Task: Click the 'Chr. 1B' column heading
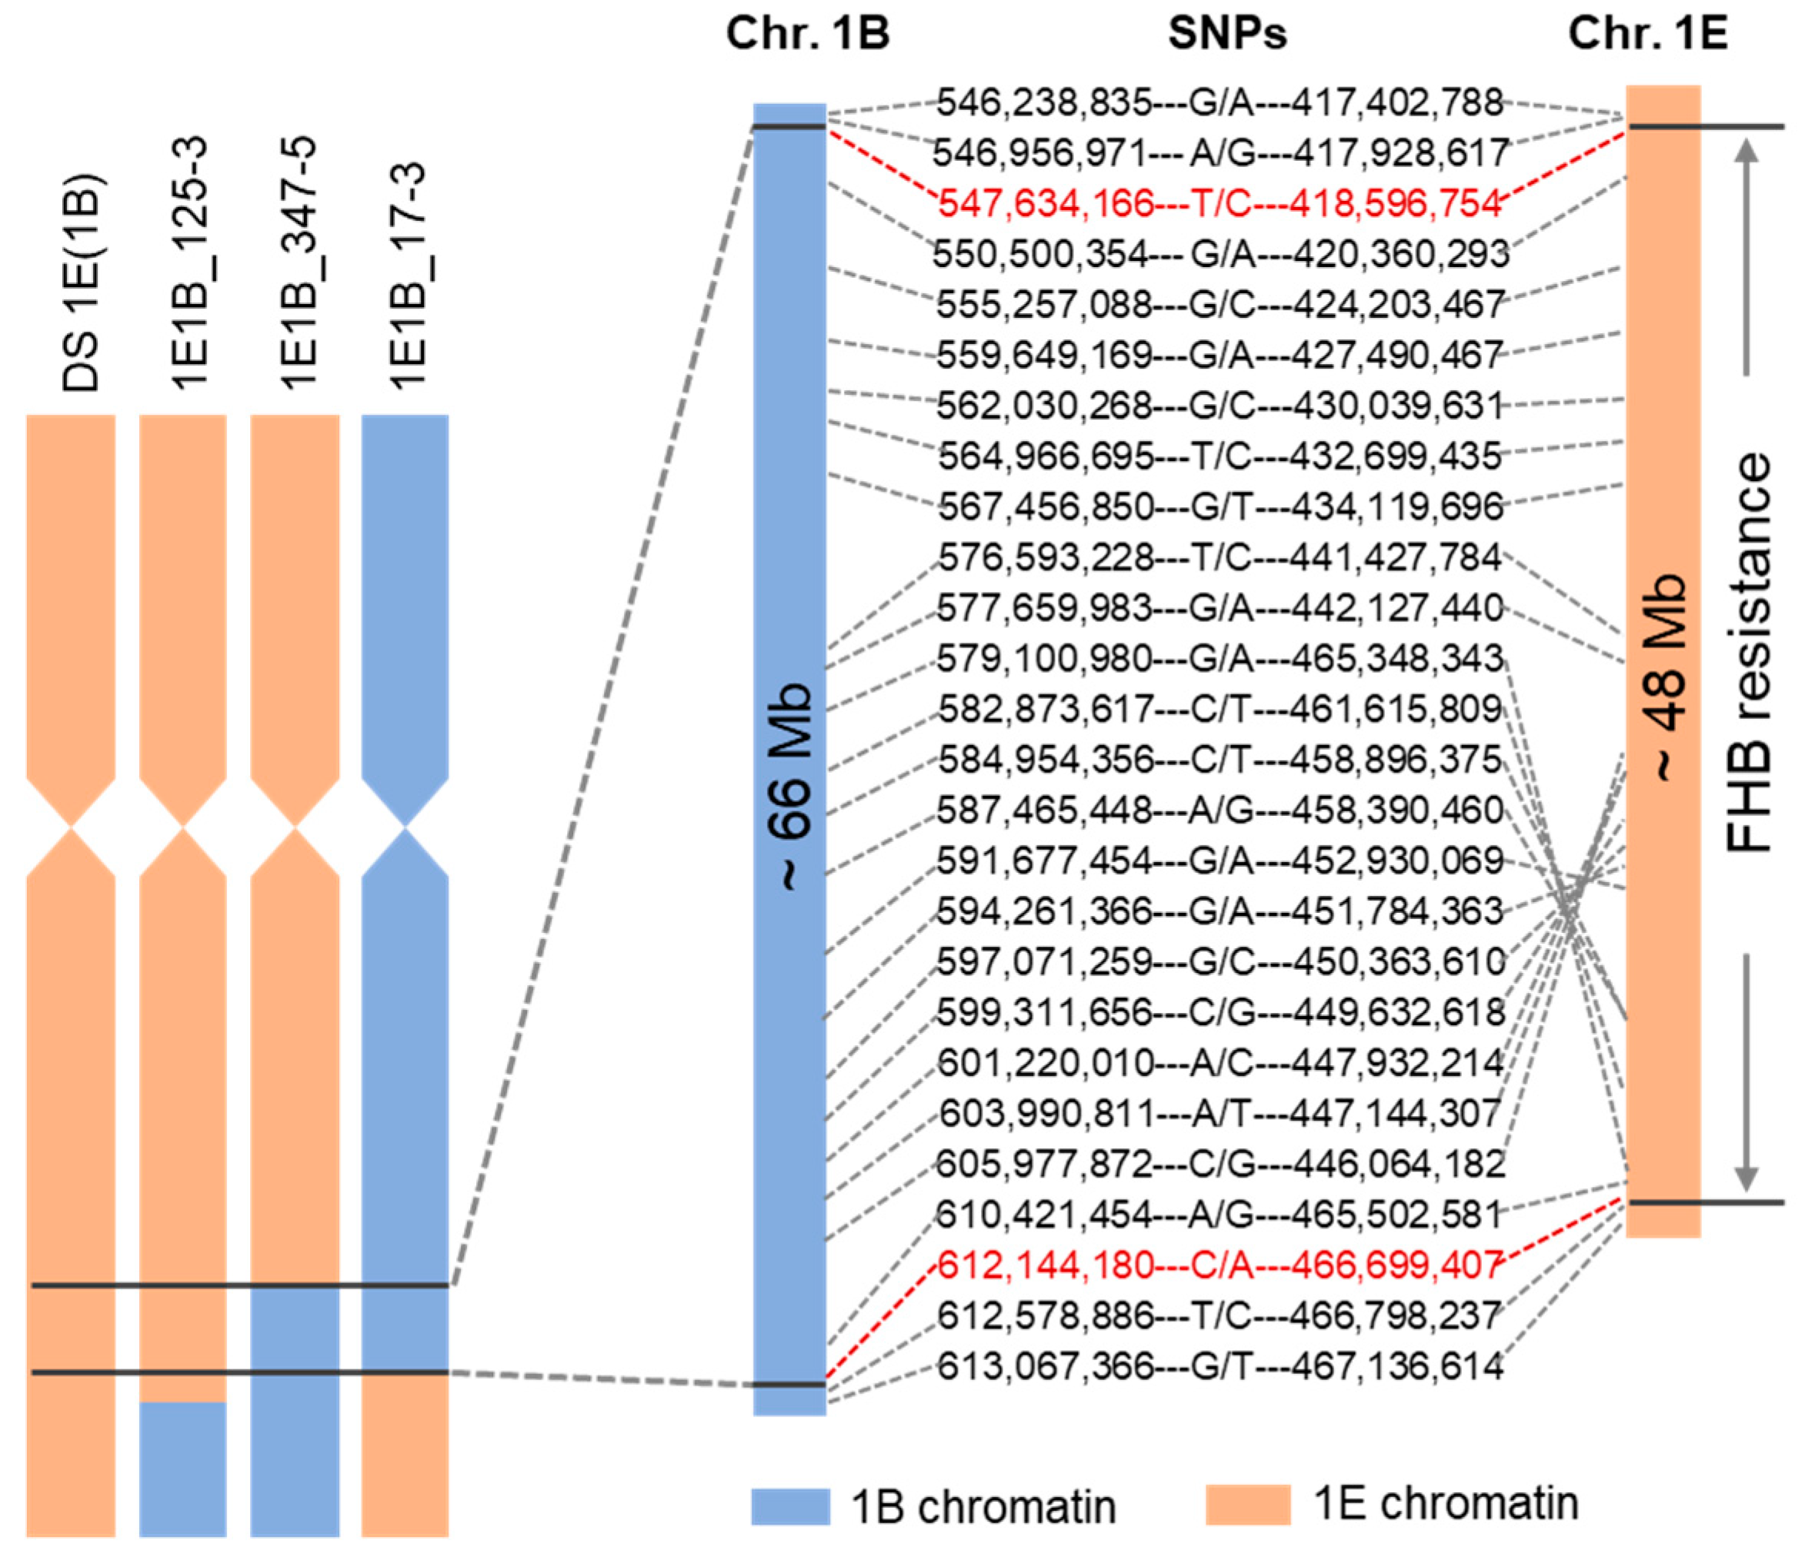(808, 34)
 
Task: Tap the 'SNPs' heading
(1226, 34)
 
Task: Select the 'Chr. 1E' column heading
(1648, 34)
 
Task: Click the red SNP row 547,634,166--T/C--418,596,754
(1219, 204)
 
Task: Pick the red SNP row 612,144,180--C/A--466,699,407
(1219, 1265)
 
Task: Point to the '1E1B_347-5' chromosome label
(295, 262)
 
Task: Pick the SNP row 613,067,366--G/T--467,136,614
(1219, 1365)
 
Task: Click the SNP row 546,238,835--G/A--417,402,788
(1219, 103)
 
